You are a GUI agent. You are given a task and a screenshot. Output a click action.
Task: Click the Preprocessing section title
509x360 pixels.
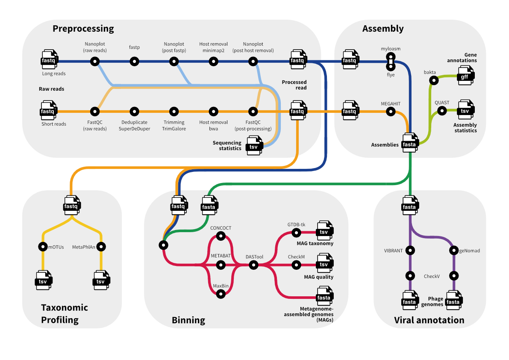83,29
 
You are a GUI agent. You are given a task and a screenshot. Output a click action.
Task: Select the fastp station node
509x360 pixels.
134,62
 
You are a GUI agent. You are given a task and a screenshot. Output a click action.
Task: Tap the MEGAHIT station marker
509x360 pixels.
390,112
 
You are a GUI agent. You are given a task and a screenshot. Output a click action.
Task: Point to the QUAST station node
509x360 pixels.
441,111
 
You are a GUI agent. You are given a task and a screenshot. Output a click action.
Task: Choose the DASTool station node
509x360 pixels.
254,266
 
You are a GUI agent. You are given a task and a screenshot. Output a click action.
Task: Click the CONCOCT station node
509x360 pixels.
221,236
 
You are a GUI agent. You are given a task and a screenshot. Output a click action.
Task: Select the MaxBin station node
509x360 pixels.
221,294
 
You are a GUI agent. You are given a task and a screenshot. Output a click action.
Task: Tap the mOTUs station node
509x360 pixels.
43,247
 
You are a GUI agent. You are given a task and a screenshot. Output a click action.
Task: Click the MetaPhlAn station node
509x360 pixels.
101,247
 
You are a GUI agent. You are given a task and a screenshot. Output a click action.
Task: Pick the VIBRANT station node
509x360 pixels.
410,251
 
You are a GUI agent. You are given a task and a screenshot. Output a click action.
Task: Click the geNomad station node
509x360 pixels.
453,251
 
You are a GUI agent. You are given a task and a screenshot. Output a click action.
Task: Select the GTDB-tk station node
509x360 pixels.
296,233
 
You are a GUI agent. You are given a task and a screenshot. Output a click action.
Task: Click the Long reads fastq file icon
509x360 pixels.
48,61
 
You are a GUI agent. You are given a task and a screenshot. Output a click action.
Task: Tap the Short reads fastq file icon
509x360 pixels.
48,111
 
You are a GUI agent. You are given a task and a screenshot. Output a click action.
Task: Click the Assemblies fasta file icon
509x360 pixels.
409,144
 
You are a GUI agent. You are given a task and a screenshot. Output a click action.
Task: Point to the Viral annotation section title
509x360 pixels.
429,320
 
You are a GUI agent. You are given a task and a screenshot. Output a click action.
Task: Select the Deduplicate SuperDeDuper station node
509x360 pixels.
134,112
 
